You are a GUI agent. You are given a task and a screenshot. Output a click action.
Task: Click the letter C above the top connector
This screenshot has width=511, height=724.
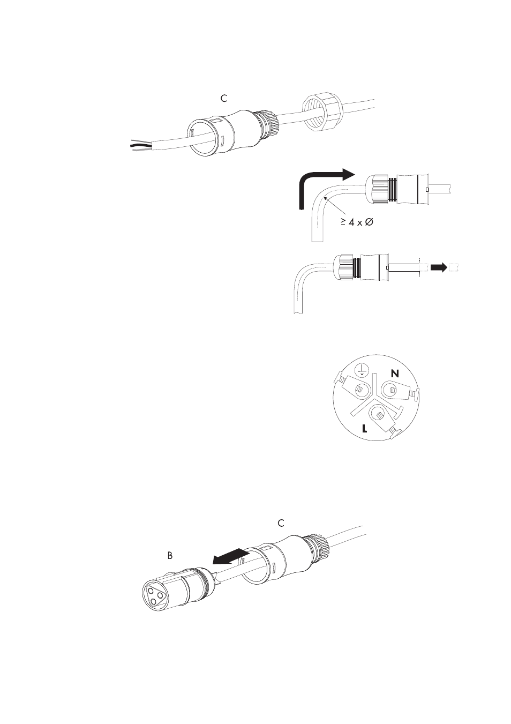pos(223,99)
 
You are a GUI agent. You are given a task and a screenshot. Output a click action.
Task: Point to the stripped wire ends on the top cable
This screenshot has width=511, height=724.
pos(141,146)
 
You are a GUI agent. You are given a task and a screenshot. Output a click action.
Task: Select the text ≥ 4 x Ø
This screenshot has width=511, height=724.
pos(357,222)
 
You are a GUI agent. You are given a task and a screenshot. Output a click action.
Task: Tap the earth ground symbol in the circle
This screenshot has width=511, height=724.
pos(362,369)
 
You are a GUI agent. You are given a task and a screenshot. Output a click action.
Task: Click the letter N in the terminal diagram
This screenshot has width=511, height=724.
pos(395,374)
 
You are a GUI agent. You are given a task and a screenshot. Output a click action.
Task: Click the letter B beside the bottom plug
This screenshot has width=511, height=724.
pos(170,555)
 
